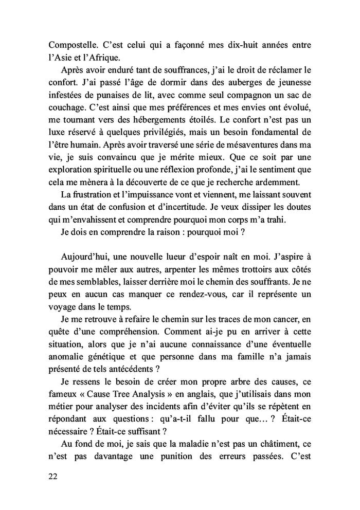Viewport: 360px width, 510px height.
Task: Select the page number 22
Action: coord(52,476)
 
